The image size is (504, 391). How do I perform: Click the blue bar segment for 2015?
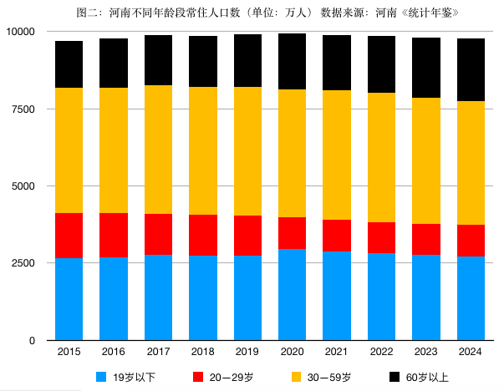tap(69, 299)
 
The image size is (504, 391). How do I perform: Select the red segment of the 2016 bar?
tap(114, 235)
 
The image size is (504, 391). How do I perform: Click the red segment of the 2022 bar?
tap(381, 237)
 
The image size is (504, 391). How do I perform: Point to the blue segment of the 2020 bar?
tap(292, 294)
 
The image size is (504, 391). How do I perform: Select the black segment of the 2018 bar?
tap(203, 61)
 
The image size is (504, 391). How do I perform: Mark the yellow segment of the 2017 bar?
tap(158, 150)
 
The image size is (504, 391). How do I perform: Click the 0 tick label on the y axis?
tap(33, 341)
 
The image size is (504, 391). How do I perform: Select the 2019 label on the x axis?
tap(247, 353)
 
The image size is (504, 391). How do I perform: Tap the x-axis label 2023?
tap(425, 353)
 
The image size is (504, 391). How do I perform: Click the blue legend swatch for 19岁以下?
tap(103, 377)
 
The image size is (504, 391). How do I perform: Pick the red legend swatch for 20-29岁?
tap(199, 377)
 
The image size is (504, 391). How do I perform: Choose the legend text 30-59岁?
tap(328, 377)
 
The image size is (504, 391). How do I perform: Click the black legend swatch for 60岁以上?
tap(396, 377)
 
